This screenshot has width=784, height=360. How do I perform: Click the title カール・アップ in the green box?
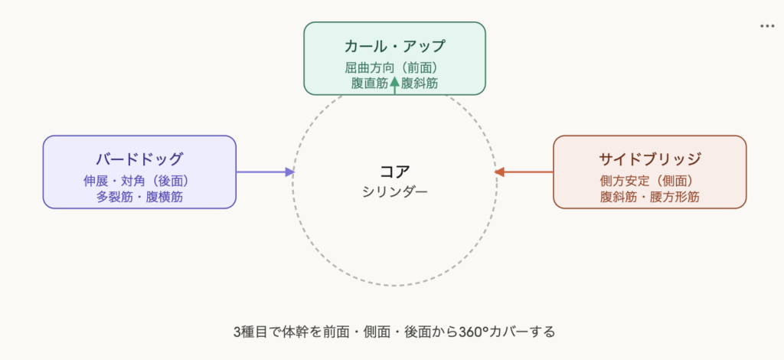(x=394, y=46)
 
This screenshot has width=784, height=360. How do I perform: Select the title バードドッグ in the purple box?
(x=139, y=159)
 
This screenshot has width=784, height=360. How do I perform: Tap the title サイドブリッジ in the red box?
(x=649, y=159)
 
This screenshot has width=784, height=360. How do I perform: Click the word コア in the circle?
(x=394, y=171)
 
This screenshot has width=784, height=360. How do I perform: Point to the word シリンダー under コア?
(x=394, y=191)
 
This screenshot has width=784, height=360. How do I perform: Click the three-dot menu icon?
(x=767, y=26)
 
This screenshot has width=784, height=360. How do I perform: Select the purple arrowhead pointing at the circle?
(x=289, y=172)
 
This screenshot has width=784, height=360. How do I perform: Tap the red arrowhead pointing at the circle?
(x=499, y=172)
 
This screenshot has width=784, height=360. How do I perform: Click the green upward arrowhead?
(x=395, y=80)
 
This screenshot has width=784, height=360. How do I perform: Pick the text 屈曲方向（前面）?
(x=394, y=67)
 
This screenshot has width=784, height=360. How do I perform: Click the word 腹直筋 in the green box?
(x=370, y=83)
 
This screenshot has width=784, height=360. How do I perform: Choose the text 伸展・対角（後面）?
(x=139, y=181)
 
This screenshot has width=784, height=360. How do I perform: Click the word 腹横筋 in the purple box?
(x=165, y=197)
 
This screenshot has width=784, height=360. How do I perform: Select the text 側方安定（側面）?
(x=649, y=181)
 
